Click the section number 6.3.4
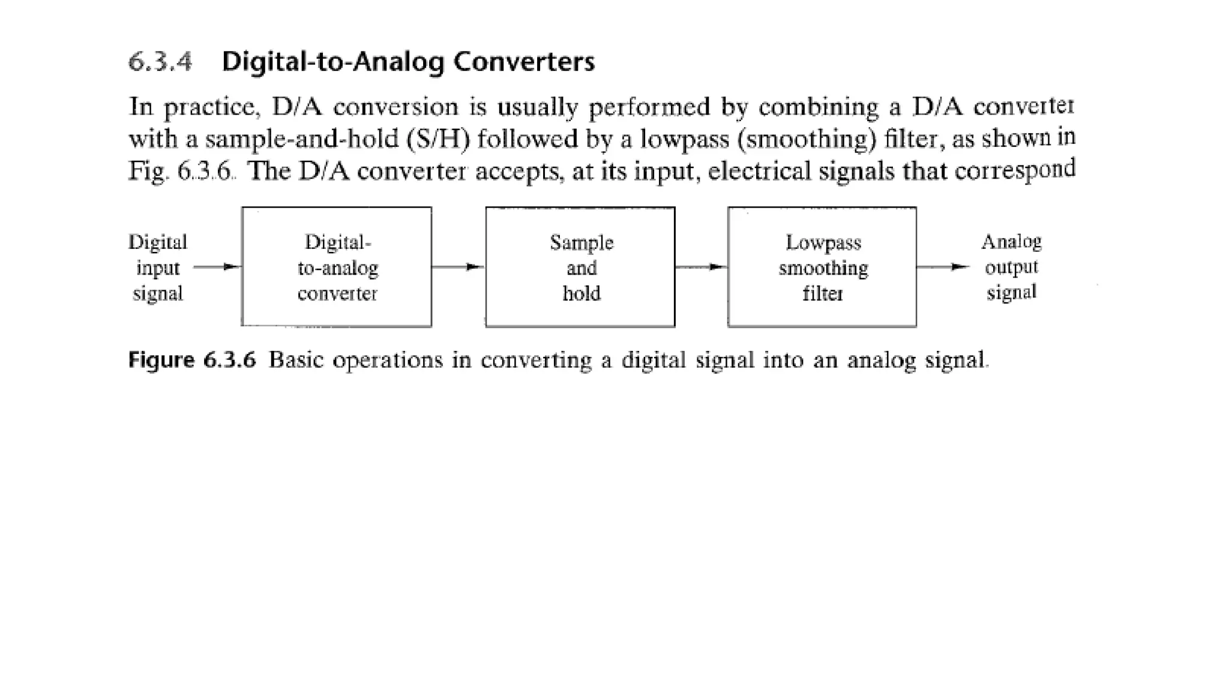[160, 62]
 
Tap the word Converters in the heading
[524, 62]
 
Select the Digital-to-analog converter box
[337, 267]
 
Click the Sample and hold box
[580, 267]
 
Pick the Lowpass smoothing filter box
[822, 267]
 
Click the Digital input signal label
[158, 268]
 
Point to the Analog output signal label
[1011, 267]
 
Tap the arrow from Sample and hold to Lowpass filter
[701, 267]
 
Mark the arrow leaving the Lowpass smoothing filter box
[943, 267]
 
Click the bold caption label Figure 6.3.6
[192, 360]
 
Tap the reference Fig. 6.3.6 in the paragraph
[181, 172]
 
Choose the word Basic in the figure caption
[296, 360]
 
